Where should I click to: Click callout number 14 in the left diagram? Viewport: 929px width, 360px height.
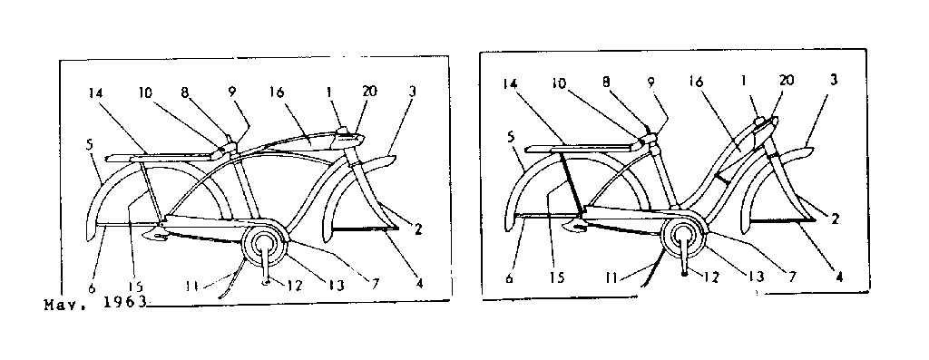(97, 92)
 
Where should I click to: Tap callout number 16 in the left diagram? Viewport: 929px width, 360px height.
(278, 92)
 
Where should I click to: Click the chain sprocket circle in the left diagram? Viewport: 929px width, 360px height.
(264, 246)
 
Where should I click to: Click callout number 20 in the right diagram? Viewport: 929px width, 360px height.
(786, 80)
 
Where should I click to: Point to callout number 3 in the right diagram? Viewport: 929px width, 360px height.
(832, 82)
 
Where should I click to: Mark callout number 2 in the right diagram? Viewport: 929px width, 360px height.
(835, 219)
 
